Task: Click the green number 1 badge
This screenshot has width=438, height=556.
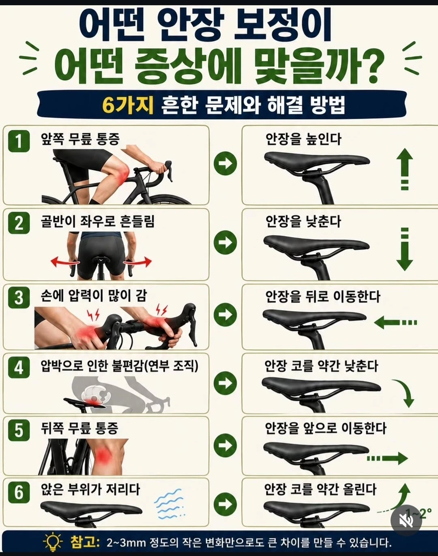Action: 19,141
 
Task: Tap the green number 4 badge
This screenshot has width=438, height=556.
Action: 19,367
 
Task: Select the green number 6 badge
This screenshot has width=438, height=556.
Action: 19,492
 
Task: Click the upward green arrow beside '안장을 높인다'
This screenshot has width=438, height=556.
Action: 405,169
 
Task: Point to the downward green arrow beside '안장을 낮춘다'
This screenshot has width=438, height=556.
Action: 405,249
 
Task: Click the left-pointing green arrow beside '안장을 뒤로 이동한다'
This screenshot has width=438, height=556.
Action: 395,322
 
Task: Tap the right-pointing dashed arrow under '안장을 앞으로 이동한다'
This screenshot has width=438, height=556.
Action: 387,458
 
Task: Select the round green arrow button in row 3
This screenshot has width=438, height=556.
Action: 225,315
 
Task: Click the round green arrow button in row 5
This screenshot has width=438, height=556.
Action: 225,445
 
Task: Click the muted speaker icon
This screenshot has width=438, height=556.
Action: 406,520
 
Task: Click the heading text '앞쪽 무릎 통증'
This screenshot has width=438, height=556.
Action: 80,139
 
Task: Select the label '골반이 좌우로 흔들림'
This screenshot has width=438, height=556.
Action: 97,221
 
